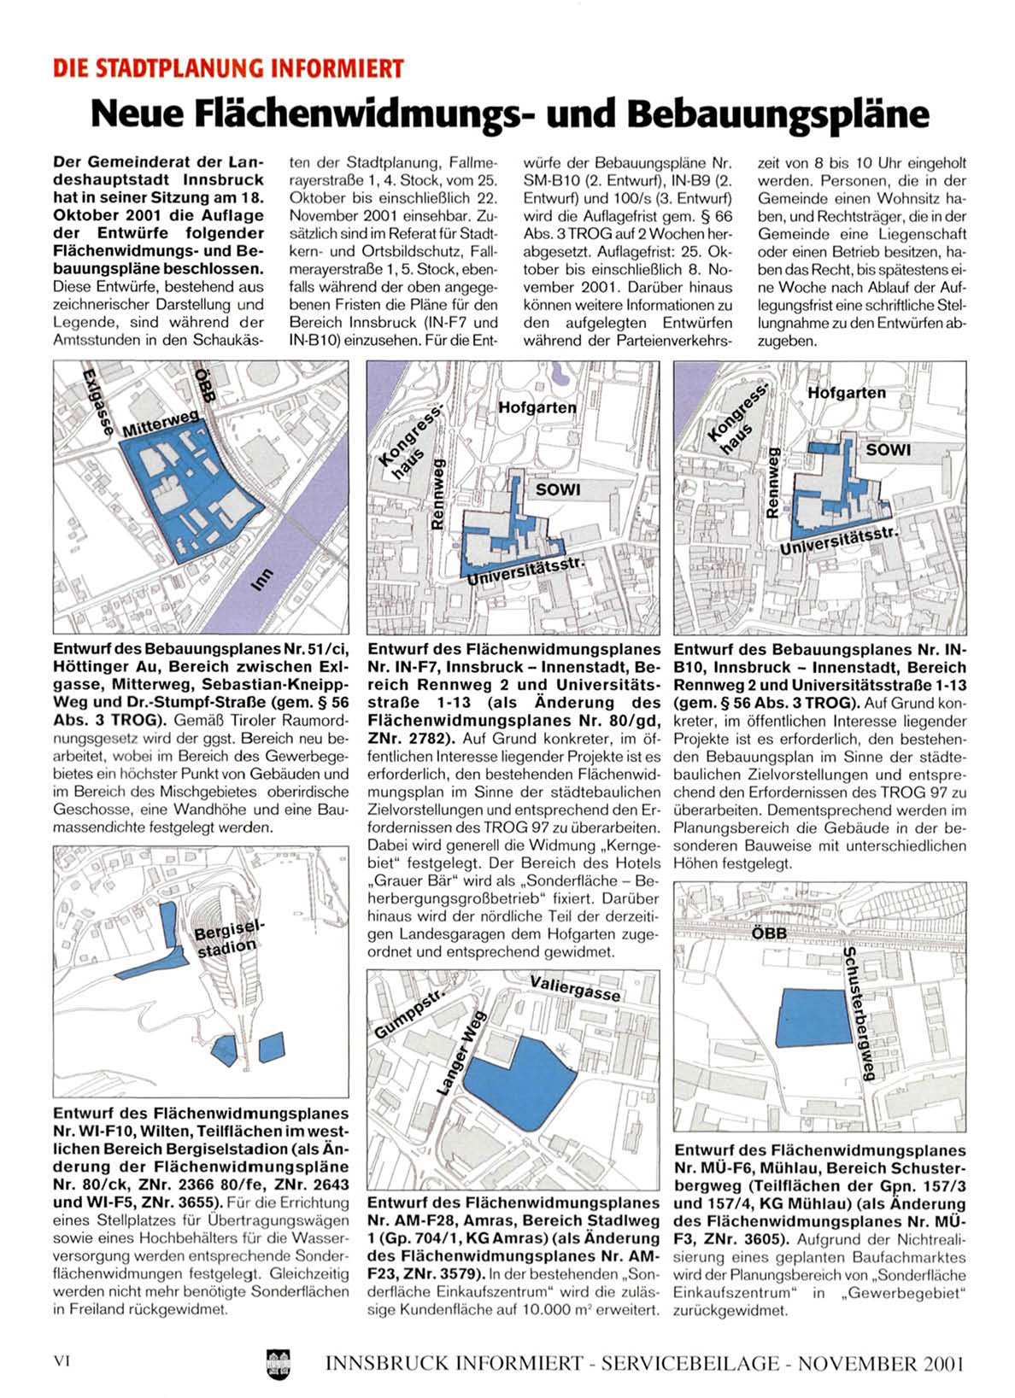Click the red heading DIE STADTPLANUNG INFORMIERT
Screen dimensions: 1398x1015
[228, 68]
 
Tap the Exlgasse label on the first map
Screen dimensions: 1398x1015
[97, 402]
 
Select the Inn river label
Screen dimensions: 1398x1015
[264, 579]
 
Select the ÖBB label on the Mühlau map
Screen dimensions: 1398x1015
[768, 933]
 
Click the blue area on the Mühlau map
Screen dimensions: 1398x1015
[818, 1018]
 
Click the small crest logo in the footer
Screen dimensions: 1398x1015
[279, 1360]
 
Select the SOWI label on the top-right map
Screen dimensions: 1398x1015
[889, 449]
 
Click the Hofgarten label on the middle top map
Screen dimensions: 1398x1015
[537, 407]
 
